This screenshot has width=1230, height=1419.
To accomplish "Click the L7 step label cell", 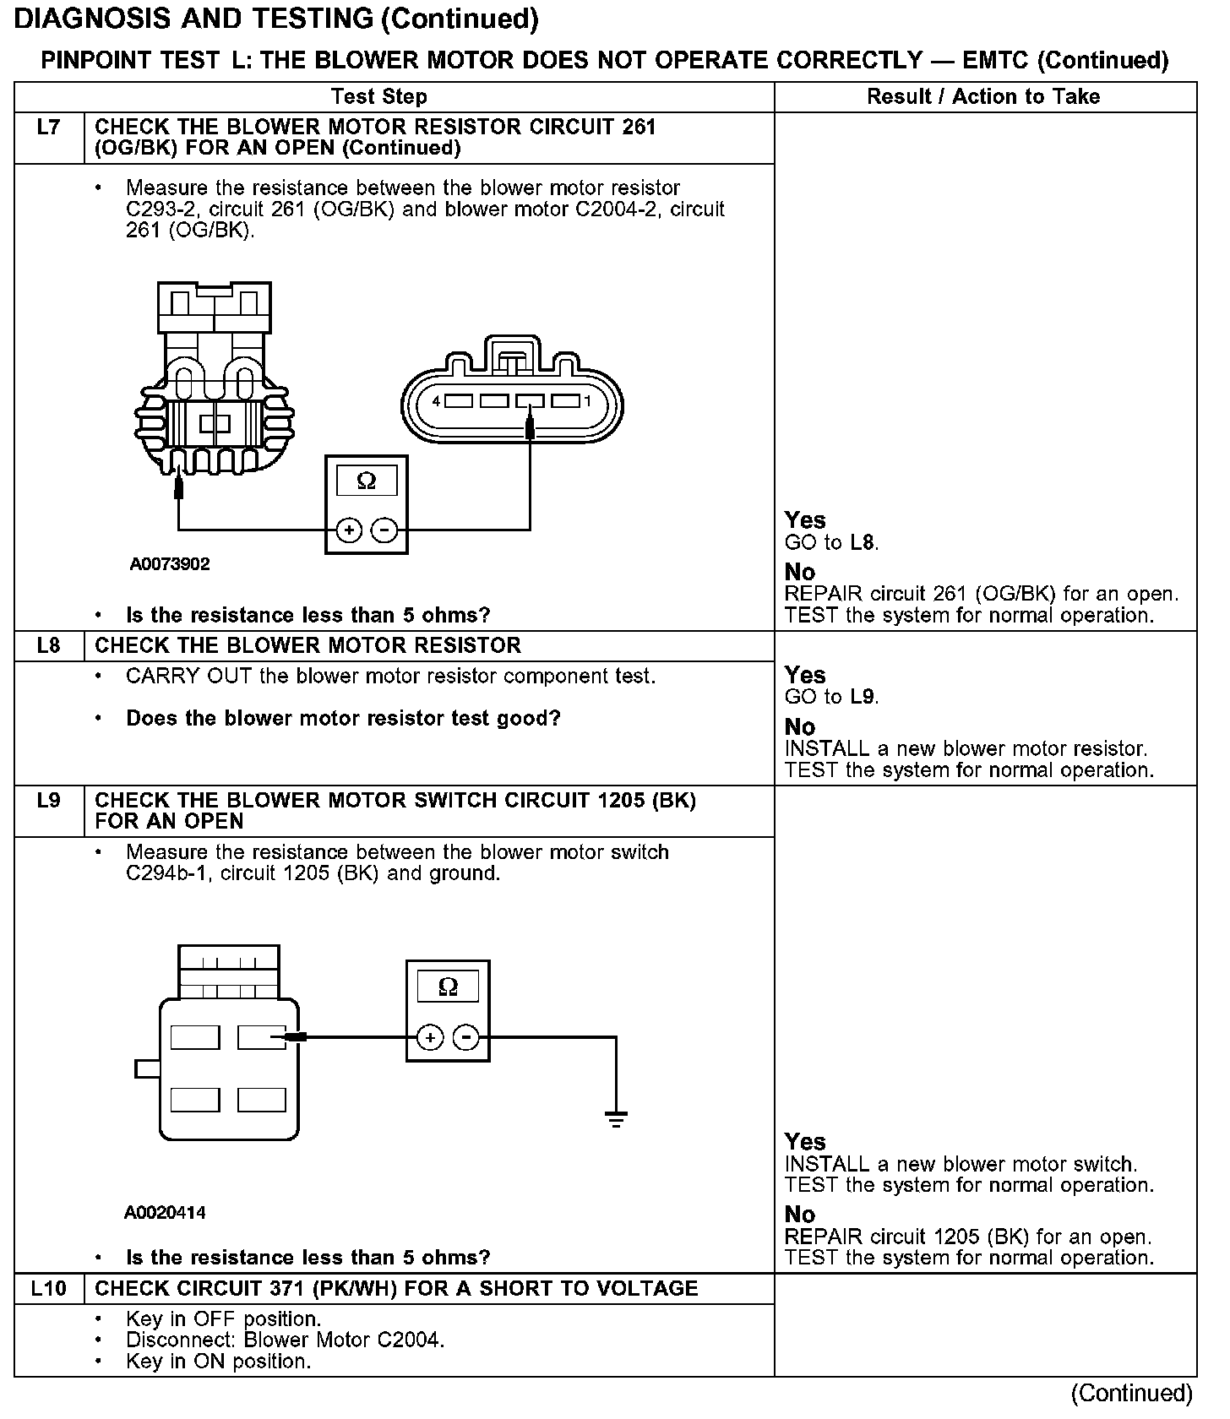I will (49, 128).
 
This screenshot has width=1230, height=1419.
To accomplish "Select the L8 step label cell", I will (49, 646).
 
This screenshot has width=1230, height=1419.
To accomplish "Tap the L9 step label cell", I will (49, 800).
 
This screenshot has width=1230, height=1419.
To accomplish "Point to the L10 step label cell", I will (49, 1289).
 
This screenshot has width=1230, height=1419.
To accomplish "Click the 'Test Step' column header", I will (378, 97).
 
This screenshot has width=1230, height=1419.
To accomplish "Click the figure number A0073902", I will (170, 564).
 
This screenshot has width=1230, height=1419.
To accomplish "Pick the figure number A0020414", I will (165, 1213).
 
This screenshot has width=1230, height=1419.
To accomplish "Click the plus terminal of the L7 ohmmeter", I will (349, 530).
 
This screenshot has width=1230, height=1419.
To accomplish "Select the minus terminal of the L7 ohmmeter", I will (384, 530).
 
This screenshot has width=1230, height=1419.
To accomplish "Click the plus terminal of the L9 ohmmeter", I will (430, 1037).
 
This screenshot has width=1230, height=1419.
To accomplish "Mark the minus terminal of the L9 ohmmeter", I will (466, 1037).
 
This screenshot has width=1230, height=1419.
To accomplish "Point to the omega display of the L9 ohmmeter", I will (448, 987).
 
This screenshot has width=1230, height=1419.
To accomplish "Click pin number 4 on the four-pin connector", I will (436, 401).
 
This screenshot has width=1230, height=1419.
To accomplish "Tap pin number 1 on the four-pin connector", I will (588, 401).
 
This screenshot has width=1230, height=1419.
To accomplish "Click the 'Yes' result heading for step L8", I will (804, 675).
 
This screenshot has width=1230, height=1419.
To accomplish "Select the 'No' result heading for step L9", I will (799, 1215).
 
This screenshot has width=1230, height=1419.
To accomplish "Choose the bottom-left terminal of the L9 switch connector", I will (195, 1100).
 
